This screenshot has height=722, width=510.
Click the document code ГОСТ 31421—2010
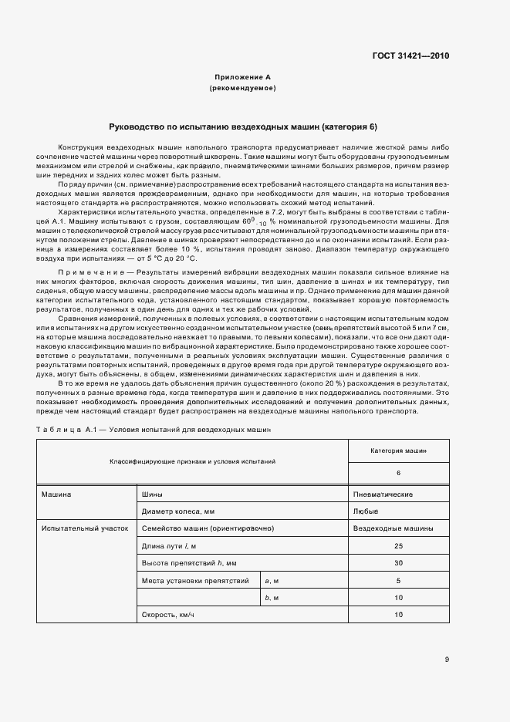[411, 56]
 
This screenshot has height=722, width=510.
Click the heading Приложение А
[242, 77]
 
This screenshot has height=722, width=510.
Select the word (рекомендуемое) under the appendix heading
[242, 89]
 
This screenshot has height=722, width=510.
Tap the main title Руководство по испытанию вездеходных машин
[243, 127]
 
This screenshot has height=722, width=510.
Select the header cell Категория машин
[399, 450]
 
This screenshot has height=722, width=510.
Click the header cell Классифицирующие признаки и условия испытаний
[192, 461]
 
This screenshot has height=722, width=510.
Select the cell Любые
[365, 511]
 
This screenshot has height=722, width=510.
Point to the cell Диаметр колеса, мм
[177, 511]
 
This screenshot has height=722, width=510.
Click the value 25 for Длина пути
[399, 545]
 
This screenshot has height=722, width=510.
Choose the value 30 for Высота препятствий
[399, 563]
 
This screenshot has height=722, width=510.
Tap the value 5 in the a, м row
[399, 580]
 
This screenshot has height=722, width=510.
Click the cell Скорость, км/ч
[167, 615]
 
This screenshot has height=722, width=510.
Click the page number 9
[447, 659]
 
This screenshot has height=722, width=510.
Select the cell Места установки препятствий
[195, 580]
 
